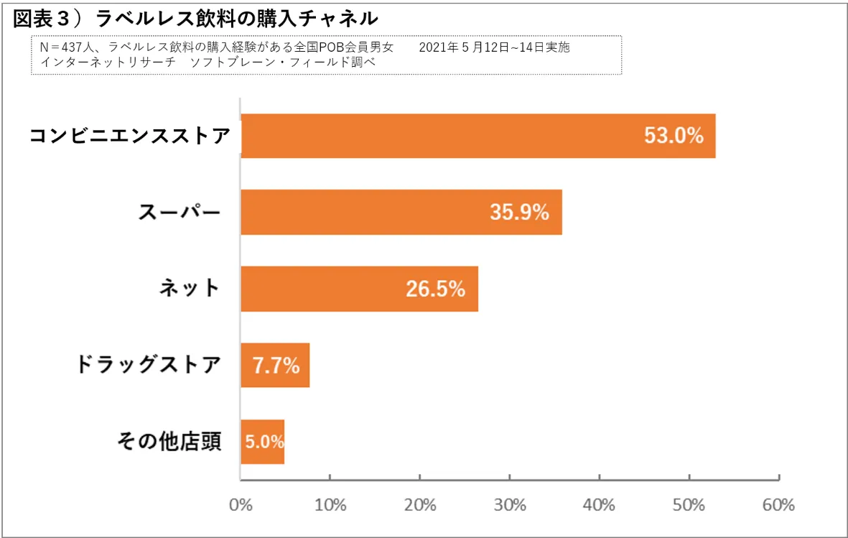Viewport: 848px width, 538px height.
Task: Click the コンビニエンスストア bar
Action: pyautogui.click(x=431, y=136)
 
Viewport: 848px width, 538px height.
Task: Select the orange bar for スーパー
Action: pyautogui.click(x=359, y=212)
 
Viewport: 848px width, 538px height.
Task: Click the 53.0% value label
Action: pyautogui.click(x=674, y=136)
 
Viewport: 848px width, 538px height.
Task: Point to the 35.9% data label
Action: pyautogui.click(x=519, y=212)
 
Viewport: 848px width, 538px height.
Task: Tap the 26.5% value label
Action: pyautogui.click(x=435, y=289)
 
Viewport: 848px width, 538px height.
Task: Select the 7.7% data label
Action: pyautogui.click(x=276, y=366)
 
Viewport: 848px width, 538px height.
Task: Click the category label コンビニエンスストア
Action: pyautogui.click(x=130, y=136)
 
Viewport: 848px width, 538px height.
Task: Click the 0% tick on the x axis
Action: pyautogui.click(x=241, y=505)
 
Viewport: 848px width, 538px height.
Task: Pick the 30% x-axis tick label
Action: pyautogui.click(x=509, y=505)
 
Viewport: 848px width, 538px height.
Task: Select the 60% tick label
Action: pyautogui.click(x=778, y=505)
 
